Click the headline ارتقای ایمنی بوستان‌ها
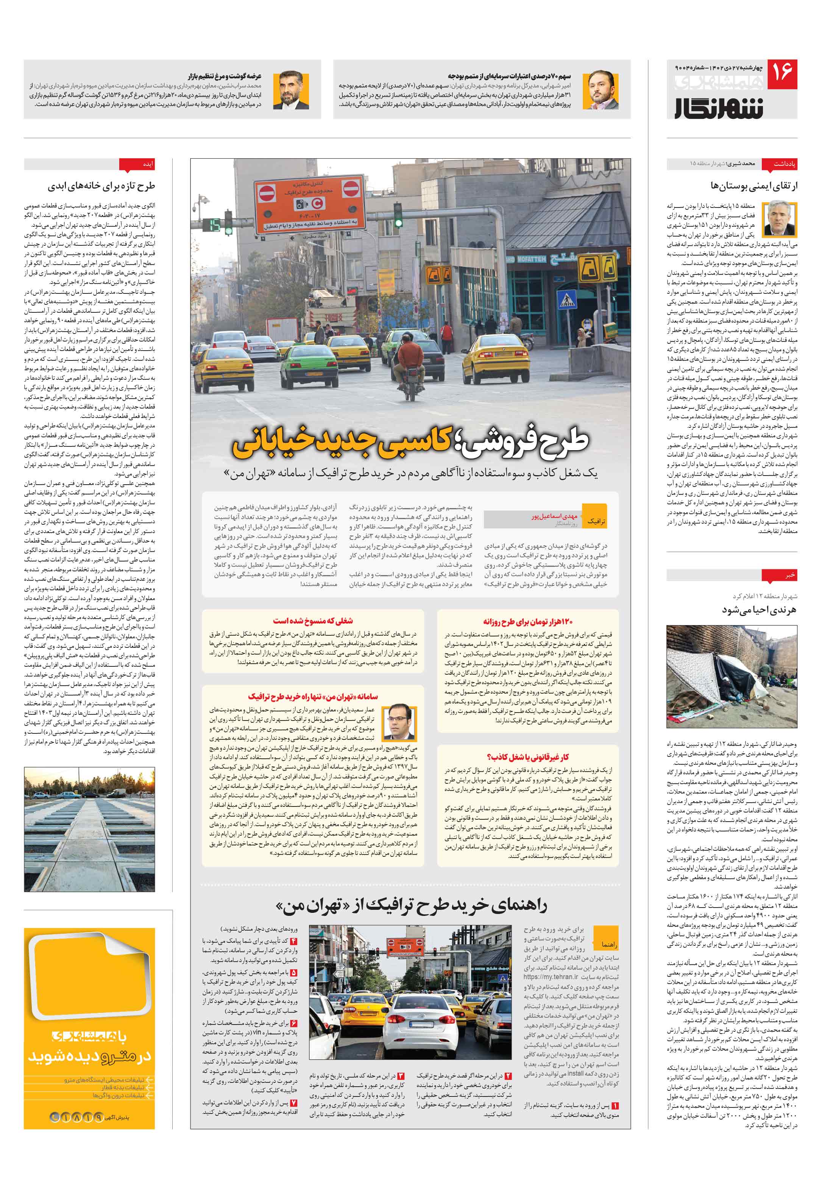pyautogui.click(x=754, y=186)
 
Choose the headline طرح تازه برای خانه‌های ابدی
pyautogui.click(x=101, y=186)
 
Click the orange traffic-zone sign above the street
pyautogui.click(x=309, y=206)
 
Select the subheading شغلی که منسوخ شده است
pyautogui.click(x=313, y=621)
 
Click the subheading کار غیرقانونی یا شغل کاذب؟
pyautogui.click(x=527, y=757)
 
